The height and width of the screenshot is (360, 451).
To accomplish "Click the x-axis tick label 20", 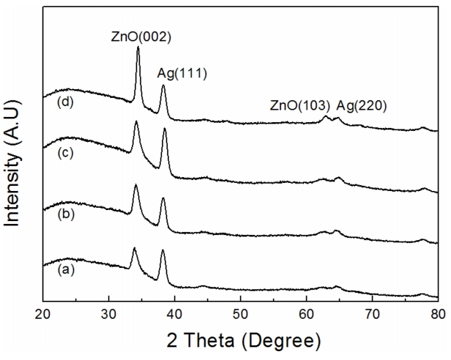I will tap(43, 315).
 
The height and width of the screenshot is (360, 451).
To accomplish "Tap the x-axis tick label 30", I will tap(109, 315).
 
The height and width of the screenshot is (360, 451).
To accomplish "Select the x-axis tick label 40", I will tap(175, 315).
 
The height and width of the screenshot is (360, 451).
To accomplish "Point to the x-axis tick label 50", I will tap(241, 315).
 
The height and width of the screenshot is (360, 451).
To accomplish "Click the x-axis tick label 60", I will tap(307, 315).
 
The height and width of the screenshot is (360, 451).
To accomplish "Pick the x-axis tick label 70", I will tap(372, 315).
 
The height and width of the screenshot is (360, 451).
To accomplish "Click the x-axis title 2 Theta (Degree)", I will tap(241, 341).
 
